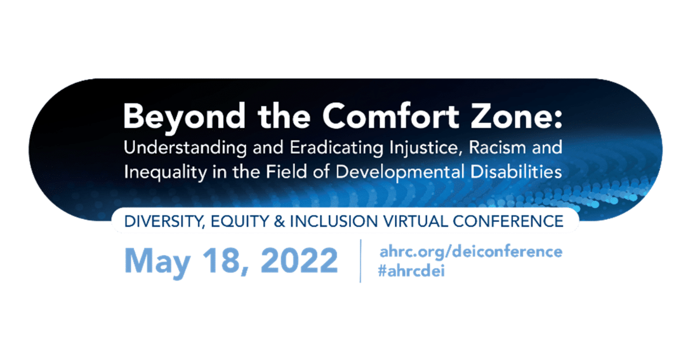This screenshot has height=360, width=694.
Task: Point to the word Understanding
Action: point(185,148)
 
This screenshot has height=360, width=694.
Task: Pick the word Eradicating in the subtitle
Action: point(337,148)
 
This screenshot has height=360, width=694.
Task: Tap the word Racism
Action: point(498,147)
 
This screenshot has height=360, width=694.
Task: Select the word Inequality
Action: point(165,172)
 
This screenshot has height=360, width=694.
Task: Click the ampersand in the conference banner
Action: point(279,221)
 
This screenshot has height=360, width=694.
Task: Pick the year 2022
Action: point(299,260)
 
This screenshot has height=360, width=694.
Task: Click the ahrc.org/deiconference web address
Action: point(471,251)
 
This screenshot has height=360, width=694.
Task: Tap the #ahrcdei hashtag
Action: point(411,270)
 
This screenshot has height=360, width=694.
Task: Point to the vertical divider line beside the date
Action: point(361,261)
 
